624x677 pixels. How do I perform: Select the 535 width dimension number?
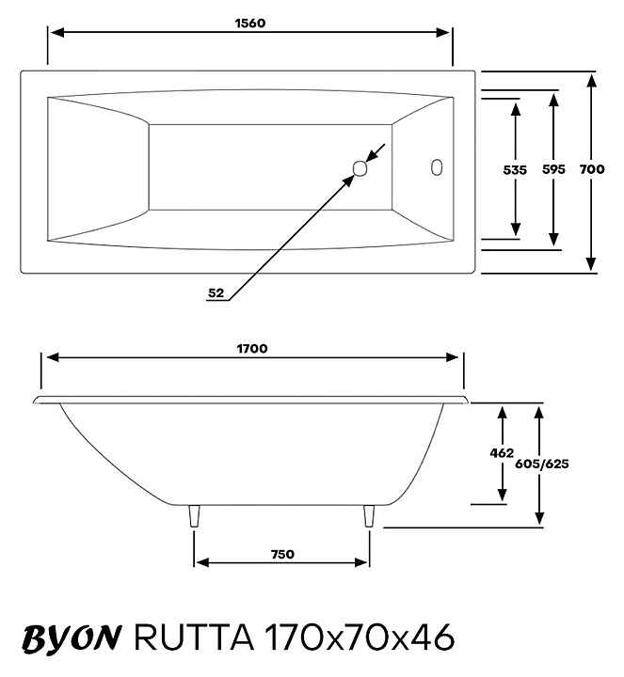coord(515,170)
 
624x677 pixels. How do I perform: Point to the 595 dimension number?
coord(554,170)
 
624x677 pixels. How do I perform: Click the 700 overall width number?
coord(591,170)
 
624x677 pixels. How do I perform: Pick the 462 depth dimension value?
coord(503,453)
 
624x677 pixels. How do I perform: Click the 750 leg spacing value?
coord(281,554)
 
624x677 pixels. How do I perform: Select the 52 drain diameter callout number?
coord(216,292)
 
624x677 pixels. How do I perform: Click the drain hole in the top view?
coord(360,169)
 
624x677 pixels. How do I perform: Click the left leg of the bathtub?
coord(195,516)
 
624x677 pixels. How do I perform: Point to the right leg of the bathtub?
coord(369,516)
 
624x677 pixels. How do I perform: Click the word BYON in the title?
coord(71,638)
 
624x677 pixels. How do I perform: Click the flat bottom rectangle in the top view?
coord(270,167)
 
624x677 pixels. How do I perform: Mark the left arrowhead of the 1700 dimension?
coord(52,358)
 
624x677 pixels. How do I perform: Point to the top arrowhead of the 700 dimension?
coord(591,80)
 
